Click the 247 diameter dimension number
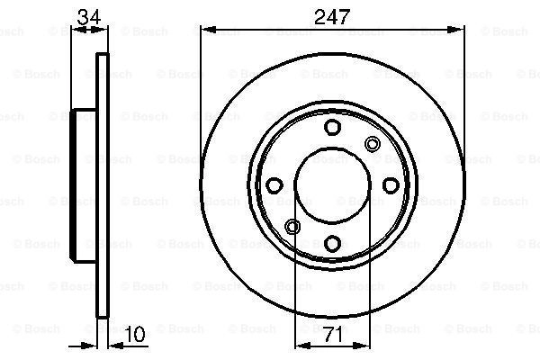[332, 16]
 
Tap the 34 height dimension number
[88, 17]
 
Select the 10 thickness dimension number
[135, 334]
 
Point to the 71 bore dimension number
[332, 334]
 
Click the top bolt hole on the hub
[332, 127]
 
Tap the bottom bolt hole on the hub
[332, 243]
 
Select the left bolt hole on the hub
[274, 185]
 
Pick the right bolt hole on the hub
[391, 185]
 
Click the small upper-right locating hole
[373, 144]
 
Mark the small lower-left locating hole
[292, 226]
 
